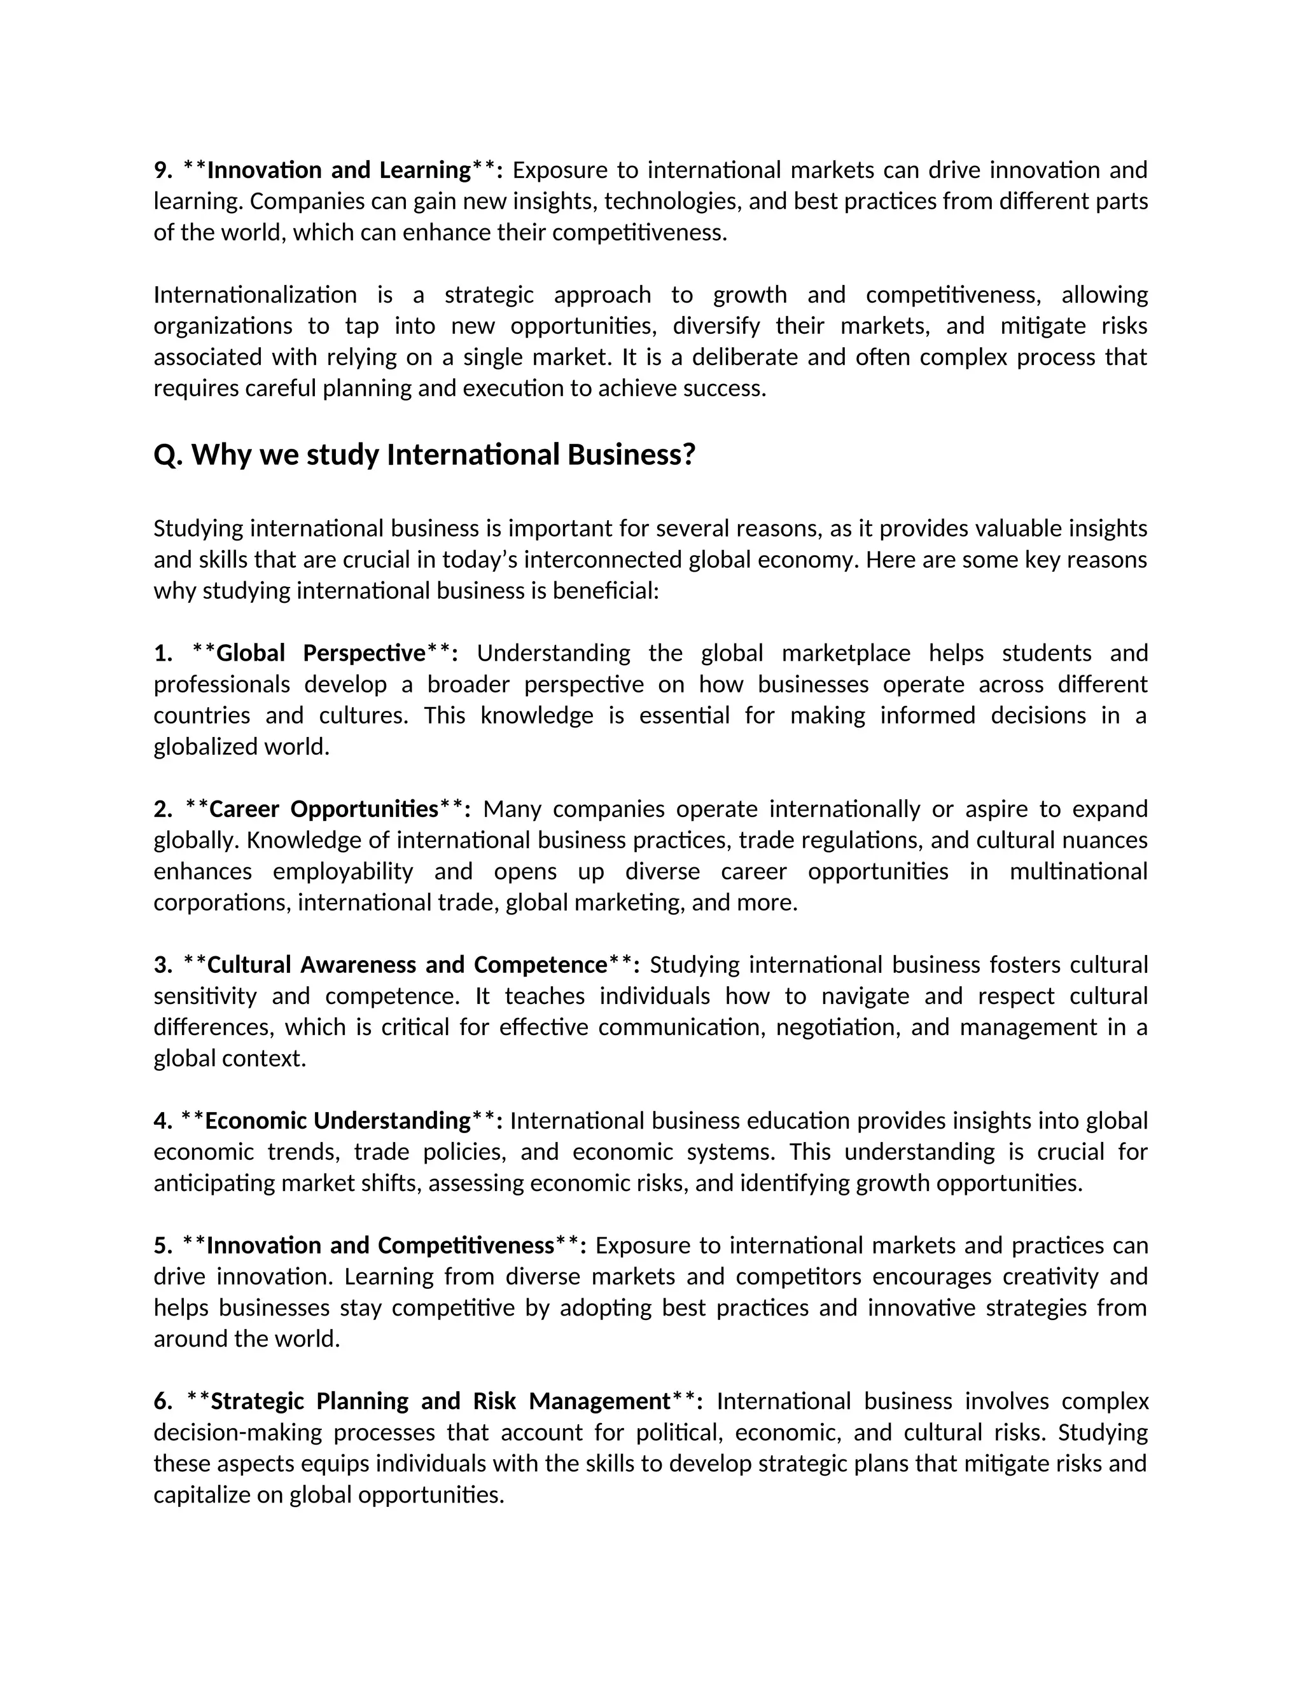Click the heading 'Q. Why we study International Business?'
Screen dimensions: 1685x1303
click(424, 455)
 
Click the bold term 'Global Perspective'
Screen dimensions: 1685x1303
click(321, 654)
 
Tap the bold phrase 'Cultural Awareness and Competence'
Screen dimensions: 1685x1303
click(407, 965)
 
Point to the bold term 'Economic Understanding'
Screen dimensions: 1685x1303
click(337, 1121)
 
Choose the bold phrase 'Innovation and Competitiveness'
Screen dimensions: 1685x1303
click(380, 1246)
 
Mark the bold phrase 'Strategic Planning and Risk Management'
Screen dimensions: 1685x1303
click(440, 1402)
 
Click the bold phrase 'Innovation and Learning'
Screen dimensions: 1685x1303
click(338, 170)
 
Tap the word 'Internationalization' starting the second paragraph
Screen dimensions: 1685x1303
click(254, 295)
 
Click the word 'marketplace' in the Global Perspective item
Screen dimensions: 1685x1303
click(846, 654)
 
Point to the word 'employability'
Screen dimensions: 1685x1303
click(343, 872)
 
